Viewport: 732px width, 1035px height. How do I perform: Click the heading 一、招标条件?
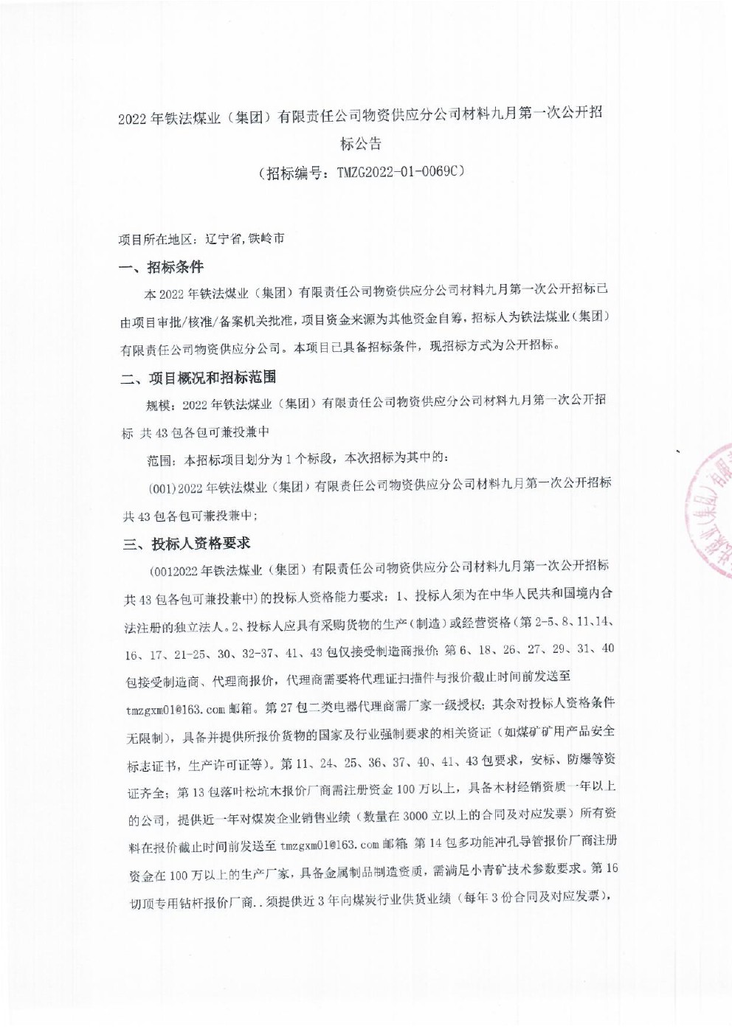coord(162,268)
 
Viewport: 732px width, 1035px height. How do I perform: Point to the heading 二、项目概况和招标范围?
coord(199,378)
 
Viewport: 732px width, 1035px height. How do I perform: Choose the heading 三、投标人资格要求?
coord(187,544)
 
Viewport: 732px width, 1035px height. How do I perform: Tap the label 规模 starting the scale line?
coord(159,404)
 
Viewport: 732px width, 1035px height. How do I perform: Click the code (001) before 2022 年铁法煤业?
coord(162,488)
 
